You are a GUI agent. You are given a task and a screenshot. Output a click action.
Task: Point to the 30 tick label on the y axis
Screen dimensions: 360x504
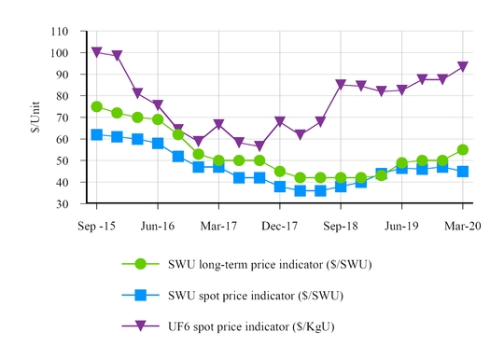click(x=61, y=203)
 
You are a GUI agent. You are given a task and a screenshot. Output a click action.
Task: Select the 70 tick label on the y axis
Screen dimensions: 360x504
click(x=61, y=118)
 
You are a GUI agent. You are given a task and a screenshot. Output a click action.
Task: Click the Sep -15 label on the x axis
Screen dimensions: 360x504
click(x=96, y=225)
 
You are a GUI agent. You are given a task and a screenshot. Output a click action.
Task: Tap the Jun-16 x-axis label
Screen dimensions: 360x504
click(x=158, y=225)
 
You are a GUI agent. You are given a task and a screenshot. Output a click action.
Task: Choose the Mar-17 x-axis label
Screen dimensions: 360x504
click(x=218, y=225)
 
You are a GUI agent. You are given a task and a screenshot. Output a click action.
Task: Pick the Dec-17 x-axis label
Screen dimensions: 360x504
click(x=280, y=225)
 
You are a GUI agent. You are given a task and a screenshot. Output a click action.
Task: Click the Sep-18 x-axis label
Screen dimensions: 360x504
click(x=341, y=225)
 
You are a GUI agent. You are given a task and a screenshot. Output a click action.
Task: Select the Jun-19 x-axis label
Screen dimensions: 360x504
click(x=401, y=225)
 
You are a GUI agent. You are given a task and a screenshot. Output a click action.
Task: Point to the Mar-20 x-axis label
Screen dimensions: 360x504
click(x=462, y=225)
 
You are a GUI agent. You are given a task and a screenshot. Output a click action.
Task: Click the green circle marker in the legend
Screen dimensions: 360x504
click(x=141, y=264)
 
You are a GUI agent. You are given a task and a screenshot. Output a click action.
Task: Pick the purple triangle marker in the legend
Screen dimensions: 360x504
click(x=141, y=326)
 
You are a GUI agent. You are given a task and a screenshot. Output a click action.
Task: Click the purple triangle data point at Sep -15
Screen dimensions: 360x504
click(x=96, y=52)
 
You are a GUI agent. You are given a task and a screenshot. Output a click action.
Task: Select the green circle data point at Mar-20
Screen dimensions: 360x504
click(x=462, y=149)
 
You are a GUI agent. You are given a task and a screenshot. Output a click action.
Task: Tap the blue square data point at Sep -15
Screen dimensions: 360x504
click(x=96, y=134)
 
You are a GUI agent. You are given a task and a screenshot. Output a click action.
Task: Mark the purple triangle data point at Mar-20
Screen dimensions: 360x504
click(x=462, y=67)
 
